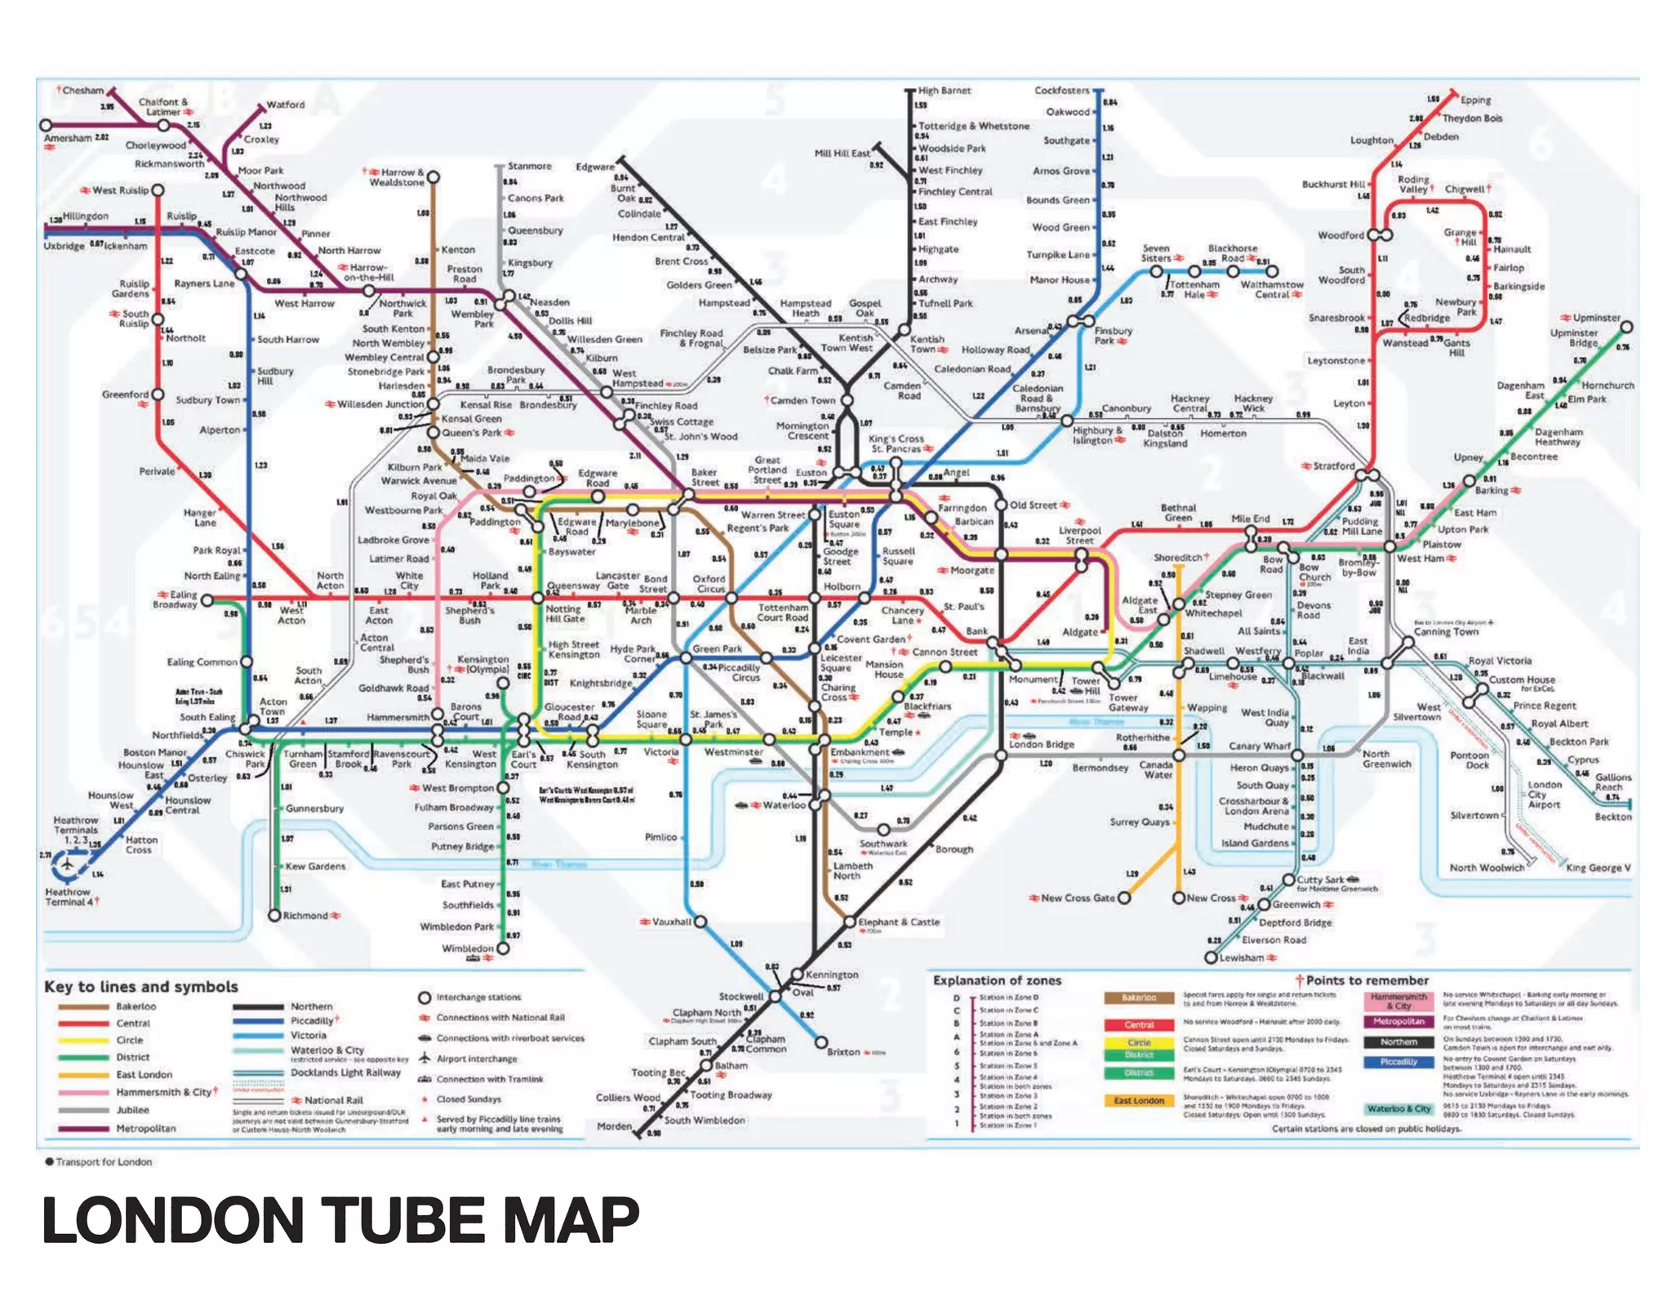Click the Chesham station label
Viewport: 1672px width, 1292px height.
click(x=82, y=90)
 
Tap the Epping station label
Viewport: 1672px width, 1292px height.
click(x=1475, y=100)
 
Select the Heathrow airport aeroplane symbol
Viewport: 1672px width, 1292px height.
click(x=68, y=863)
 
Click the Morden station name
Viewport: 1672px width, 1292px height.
click(x=614, y=1126)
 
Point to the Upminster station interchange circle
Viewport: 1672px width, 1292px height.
click(x=1626, y=327)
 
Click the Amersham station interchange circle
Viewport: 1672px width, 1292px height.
click(x=46, y=125)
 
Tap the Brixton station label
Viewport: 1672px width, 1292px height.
click(x=843, y=1052)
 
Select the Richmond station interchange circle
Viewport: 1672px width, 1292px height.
click(x=275, y=916)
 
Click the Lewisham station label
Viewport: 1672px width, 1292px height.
click(x=1241, y=958)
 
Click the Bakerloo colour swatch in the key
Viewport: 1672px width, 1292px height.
click(x=83, y=1007)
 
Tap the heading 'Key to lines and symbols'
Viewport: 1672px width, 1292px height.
click(x=141, y=987)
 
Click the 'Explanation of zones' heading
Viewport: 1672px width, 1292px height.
click(x=997, y=980)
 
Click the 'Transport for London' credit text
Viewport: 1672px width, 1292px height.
click(x=104, y=1162)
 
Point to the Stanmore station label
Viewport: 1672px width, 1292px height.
click(x=529, y=166)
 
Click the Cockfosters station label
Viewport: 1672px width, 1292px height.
click(x=1061, y=90)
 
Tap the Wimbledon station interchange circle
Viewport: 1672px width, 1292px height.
click(x=503, y=948)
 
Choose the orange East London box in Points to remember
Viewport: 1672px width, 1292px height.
click(x=1139, y=1100)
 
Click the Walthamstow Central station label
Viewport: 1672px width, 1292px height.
click(x=1272, y=289)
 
